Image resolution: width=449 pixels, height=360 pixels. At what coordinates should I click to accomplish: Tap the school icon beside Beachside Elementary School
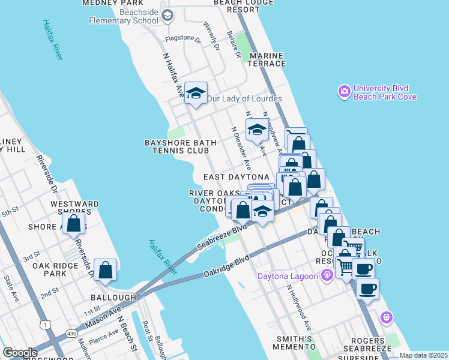tap(167, 15)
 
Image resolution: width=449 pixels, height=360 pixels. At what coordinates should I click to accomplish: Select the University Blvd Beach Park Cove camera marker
tap(345, 92)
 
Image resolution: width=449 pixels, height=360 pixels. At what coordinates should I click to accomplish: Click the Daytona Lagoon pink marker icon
tap(327, 276)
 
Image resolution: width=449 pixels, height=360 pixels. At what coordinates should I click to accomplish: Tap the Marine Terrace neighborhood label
tap(264, 59)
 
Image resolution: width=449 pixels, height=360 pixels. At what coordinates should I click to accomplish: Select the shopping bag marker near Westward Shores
tap(74, 223)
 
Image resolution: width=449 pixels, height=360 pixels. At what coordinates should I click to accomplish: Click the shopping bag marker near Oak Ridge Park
tap(106, 270)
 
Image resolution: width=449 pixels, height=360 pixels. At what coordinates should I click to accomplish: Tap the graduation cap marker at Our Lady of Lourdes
tap(196, 93)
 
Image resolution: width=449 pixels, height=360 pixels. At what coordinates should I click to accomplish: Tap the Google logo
tap(20, 353)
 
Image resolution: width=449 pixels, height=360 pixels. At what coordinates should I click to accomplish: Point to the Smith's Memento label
tap(295, 343)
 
